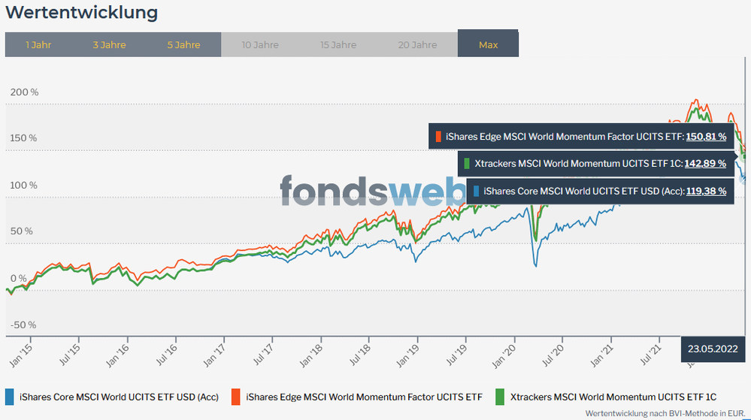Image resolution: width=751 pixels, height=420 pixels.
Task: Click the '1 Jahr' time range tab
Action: point(38,45)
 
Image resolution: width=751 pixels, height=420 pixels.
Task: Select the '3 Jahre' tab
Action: point(109,45)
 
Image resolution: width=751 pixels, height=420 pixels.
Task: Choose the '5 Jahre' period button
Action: point(183,45)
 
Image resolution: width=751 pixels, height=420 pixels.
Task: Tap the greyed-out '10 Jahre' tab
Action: point(260,45)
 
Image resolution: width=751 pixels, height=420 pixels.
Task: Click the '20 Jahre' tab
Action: point(417,45)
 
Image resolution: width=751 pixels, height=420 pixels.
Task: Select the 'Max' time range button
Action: point(488,45)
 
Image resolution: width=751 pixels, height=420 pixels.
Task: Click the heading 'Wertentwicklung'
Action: point(82,13)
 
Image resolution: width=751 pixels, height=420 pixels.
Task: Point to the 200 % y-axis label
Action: point(23,92)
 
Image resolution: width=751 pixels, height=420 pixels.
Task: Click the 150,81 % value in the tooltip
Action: point(706,137)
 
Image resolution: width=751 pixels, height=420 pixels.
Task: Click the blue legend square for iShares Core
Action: point(10,396)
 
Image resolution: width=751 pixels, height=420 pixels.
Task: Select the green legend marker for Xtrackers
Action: point(500,396)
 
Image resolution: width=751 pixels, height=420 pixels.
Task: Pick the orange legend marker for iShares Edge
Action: point(235,396)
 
